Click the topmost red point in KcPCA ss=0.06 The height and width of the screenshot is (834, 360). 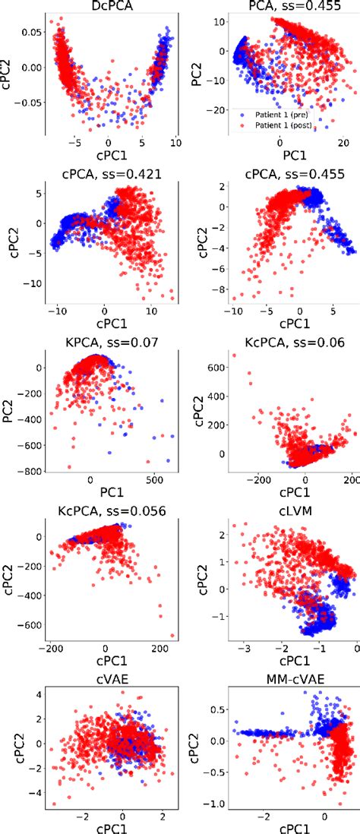[234, 355]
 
